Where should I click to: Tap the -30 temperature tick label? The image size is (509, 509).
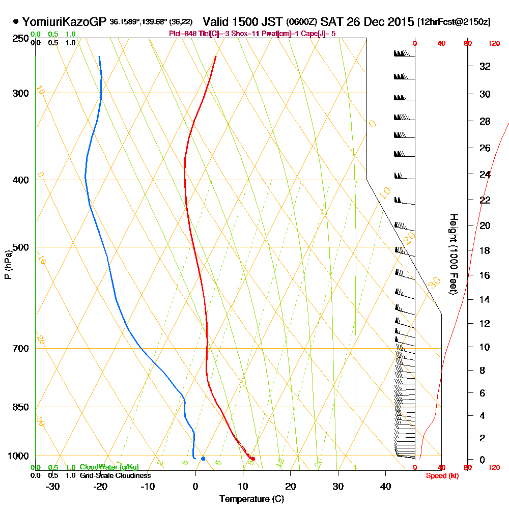coord(52,486)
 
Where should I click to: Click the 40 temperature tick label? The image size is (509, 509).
coord(385,486)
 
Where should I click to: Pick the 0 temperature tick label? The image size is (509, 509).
coord(195,486)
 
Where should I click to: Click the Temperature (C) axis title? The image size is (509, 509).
coord(251,499)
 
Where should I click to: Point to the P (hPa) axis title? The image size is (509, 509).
coord(8,264)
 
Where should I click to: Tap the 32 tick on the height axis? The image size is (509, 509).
coord(485,66)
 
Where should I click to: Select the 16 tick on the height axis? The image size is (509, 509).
coord(485,275)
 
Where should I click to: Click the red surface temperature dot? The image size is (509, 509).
coord(253,459)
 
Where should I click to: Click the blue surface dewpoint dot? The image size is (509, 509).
coord(203,459)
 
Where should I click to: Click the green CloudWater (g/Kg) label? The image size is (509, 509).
coord(109,467)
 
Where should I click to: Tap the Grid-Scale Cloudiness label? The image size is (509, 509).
coord(115,475)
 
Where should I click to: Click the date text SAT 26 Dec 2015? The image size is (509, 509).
coord(366,22)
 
